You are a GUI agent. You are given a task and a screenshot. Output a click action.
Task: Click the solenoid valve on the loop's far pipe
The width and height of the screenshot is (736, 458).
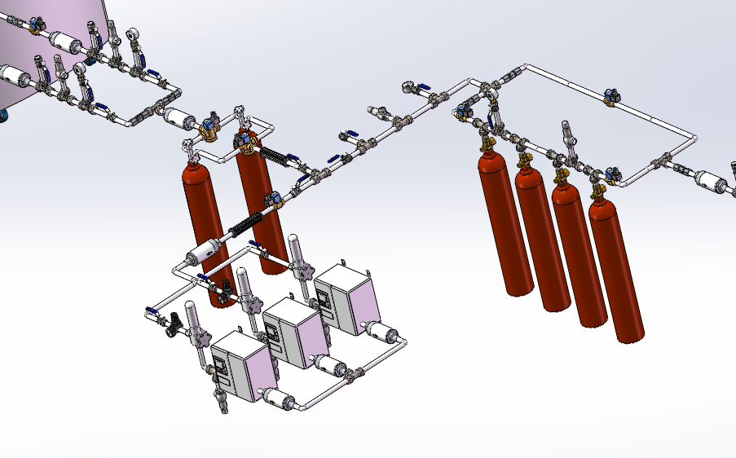click(609, 98)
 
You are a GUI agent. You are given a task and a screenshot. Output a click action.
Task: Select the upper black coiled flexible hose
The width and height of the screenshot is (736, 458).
click(277, 156)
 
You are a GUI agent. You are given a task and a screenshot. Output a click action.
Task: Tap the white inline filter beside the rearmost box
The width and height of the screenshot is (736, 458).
click(383, 331)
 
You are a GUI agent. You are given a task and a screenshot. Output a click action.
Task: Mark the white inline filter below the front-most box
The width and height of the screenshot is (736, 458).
click(277, 397)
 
